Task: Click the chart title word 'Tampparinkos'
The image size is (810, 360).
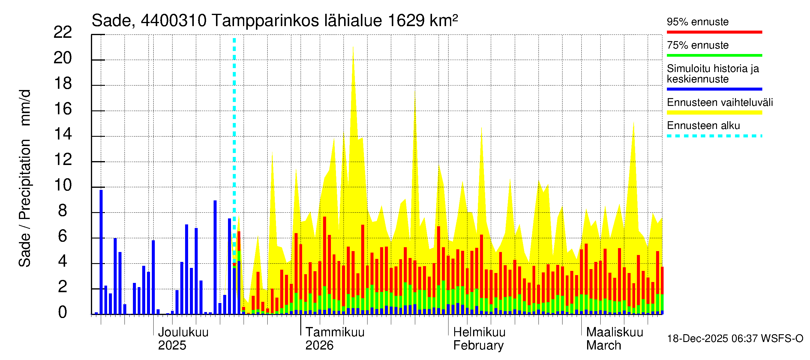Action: [x=297, y=21]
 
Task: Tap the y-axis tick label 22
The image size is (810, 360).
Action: [x=63, y=32]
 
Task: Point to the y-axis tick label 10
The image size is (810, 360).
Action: [x=63, y=185]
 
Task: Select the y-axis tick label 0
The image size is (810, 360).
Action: [x=63, y=312]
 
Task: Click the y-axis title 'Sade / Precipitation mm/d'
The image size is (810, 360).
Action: [x=25, y=178]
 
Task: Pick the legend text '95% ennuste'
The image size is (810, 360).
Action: [x=697, y=22]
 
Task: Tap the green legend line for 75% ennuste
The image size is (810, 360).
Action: [x=714, y=55]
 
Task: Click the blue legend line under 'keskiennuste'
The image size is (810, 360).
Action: [x=714, y=89]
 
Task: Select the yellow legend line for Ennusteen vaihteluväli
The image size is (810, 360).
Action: [x=714, y=112]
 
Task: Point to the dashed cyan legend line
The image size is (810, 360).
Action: [x=714, y=136]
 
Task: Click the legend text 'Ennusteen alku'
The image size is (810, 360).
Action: [x=703, y=125]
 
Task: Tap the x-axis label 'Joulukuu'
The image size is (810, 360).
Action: [x=183, y=332]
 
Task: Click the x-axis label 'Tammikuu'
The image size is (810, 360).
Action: [x=335, y=332]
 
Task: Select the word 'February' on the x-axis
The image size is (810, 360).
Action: [x=478, y=346]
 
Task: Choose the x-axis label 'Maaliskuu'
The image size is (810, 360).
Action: [x=614, y=332]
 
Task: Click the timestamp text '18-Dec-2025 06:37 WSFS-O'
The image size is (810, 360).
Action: [x=735, y=339]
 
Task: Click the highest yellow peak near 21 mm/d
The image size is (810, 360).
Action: [x=353, y=46]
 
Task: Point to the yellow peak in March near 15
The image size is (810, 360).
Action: [x=633, y=122]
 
